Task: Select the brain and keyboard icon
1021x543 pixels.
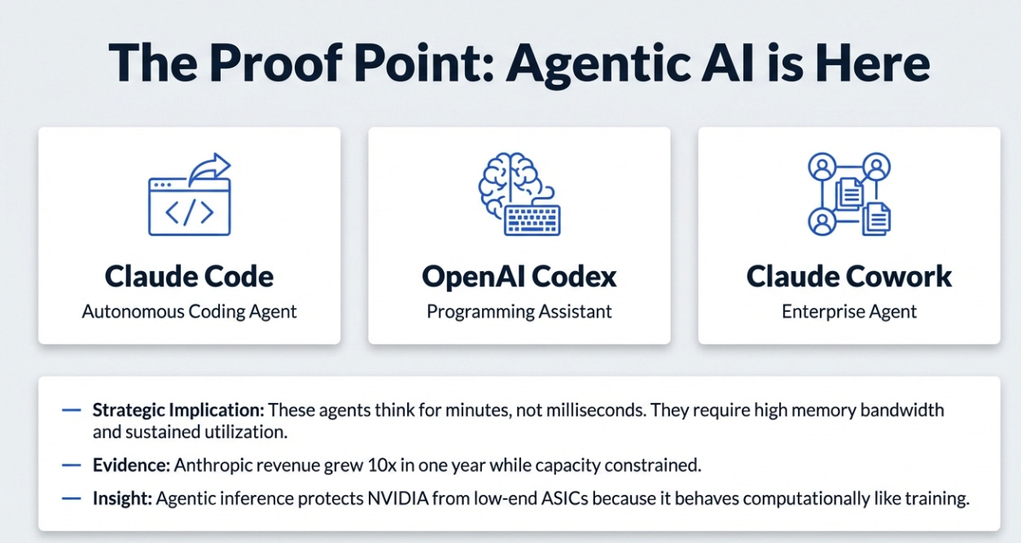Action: (x=519, y=194)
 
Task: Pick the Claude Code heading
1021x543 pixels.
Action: (x=189, y=277)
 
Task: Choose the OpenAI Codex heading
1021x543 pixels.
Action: (x=519, y=277)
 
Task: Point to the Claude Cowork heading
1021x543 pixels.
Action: (x=848, y=277)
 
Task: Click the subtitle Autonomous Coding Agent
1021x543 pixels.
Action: (x=189, y=312)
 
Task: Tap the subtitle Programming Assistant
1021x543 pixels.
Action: (x=519, y=312)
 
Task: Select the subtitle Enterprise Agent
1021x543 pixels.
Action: (x=848, y=312)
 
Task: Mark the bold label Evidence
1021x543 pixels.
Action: (x=130, y=466)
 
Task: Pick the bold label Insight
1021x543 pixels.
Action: (x=122, y=499)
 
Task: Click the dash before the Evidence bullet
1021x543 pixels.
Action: (x=72, y=466)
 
